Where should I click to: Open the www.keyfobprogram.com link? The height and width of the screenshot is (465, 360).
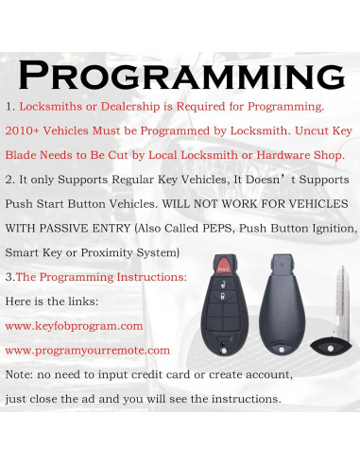click(74, 325)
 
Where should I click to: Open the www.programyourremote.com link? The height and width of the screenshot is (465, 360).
click(87, 350)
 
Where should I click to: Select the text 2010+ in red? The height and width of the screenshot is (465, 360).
click(23, 130)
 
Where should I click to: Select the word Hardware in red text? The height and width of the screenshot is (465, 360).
click(281, 155)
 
